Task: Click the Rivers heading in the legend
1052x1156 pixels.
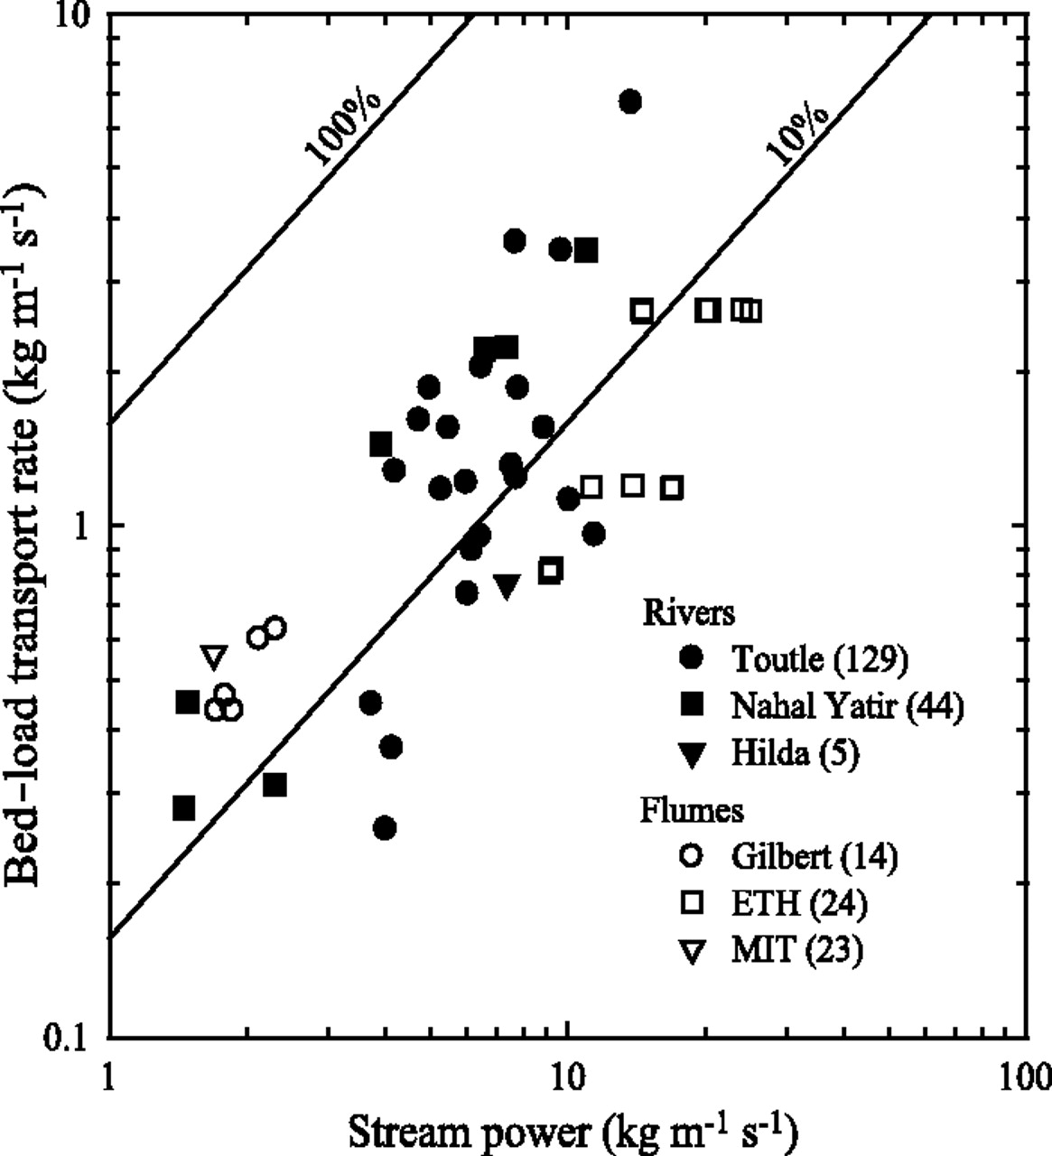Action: (x=688, y=613)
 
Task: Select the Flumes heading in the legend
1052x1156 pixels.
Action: (x=693, y=810)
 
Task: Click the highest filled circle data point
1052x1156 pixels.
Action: (x=630, y=101)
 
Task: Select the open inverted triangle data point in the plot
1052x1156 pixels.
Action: (x=213, y=657)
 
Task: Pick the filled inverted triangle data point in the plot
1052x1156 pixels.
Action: (x=507, y=586)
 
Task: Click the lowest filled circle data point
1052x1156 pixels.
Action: (x=385, y=827)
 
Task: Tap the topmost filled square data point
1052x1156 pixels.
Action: (x=586, y=250)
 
